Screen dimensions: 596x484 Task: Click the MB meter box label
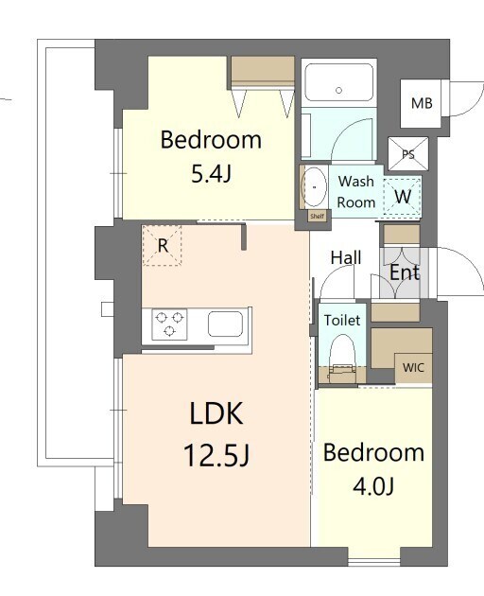[421, 103]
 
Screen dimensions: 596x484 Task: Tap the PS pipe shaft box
[408, 153]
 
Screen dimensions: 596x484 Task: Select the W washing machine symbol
[402, 197]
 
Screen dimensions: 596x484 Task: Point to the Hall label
[345, 257]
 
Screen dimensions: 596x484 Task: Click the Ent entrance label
[405, 272]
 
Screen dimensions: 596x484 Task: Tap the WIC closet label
[412, 367]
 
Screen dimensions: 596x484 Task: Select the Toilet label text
[341, 321]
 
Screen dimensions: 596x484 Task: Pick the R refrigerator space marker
[163, 246]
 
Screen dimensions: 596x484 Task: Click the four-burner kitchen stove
[169, 324]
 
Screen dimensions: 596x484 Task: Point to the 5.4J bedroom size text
[210, 175]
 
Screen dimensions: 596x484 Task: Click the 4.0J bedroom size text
[373, 486]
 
